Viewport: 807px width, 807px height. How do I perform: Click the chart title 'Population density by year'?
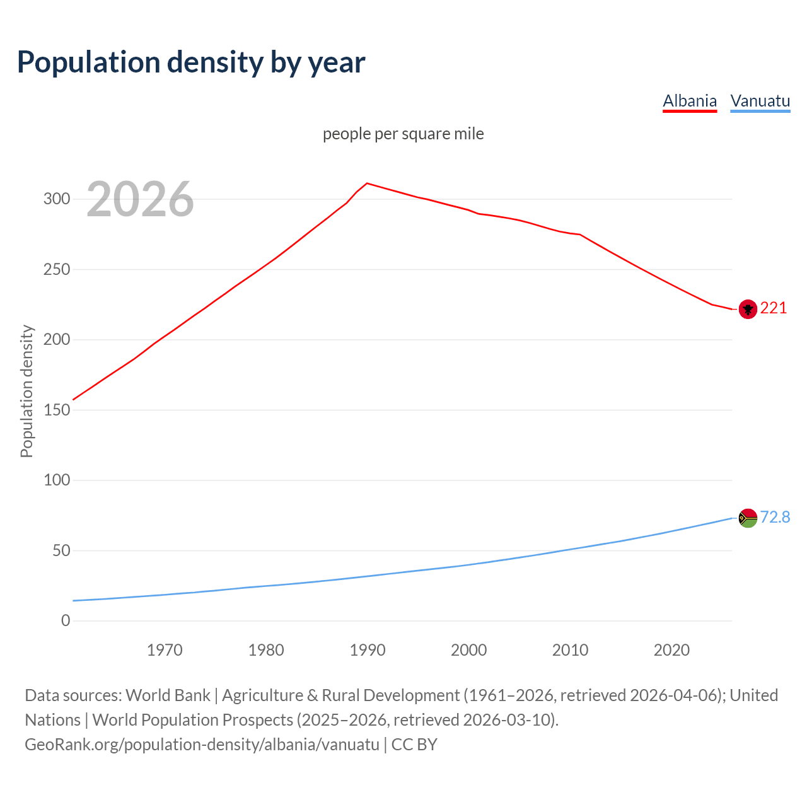pos(191,62)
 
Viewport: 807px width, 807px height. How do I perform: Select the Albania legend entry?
pos(690,101)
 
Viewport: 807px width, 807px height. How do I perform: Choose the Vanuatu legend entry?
pos(760,101)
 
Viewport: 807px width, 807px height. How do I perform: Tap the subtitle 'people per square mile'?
pos(403,134)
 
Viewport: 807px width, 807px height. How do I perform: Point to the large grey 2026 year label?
pos(140,199)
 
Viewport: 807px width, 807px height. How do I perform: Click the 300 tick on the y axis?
pos(56,199)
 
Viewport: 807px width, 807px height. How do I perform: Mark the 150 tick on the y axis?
pos(56,410)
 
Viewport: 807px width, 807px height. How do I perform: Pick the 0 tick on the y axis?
pos(66,620)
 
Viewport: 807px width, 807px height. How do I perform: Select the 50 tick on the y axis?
pos(61,550)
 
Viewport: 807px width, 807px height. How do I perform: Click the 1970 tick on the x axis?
pos(165,650)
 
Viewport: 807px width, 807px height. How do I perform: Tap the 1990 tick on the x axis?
pos(368,650)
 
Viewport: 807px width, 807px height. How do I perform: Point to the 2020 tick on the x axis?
pos(671,650)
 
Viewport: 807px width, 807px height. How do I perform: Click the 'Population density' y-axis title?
pos(26,391)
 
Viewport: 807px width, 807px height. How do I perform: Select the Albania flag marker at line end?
pos(748,309)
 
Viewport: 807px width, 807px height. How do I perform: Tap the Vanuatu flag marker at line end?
pos(748,518)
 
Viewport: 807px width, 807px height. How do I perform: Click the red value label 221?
pos(774,308)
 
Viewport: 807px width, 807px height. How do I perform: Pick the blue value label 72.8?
pos(775,517)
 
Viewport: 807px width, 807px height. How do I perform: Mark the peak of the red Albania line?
pos(368,183)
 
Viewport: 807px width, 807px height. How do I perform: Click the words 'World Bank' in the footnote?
pos(168,695)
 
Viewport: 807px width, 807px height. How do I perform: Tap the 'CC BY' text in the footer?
pos(414,744)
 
